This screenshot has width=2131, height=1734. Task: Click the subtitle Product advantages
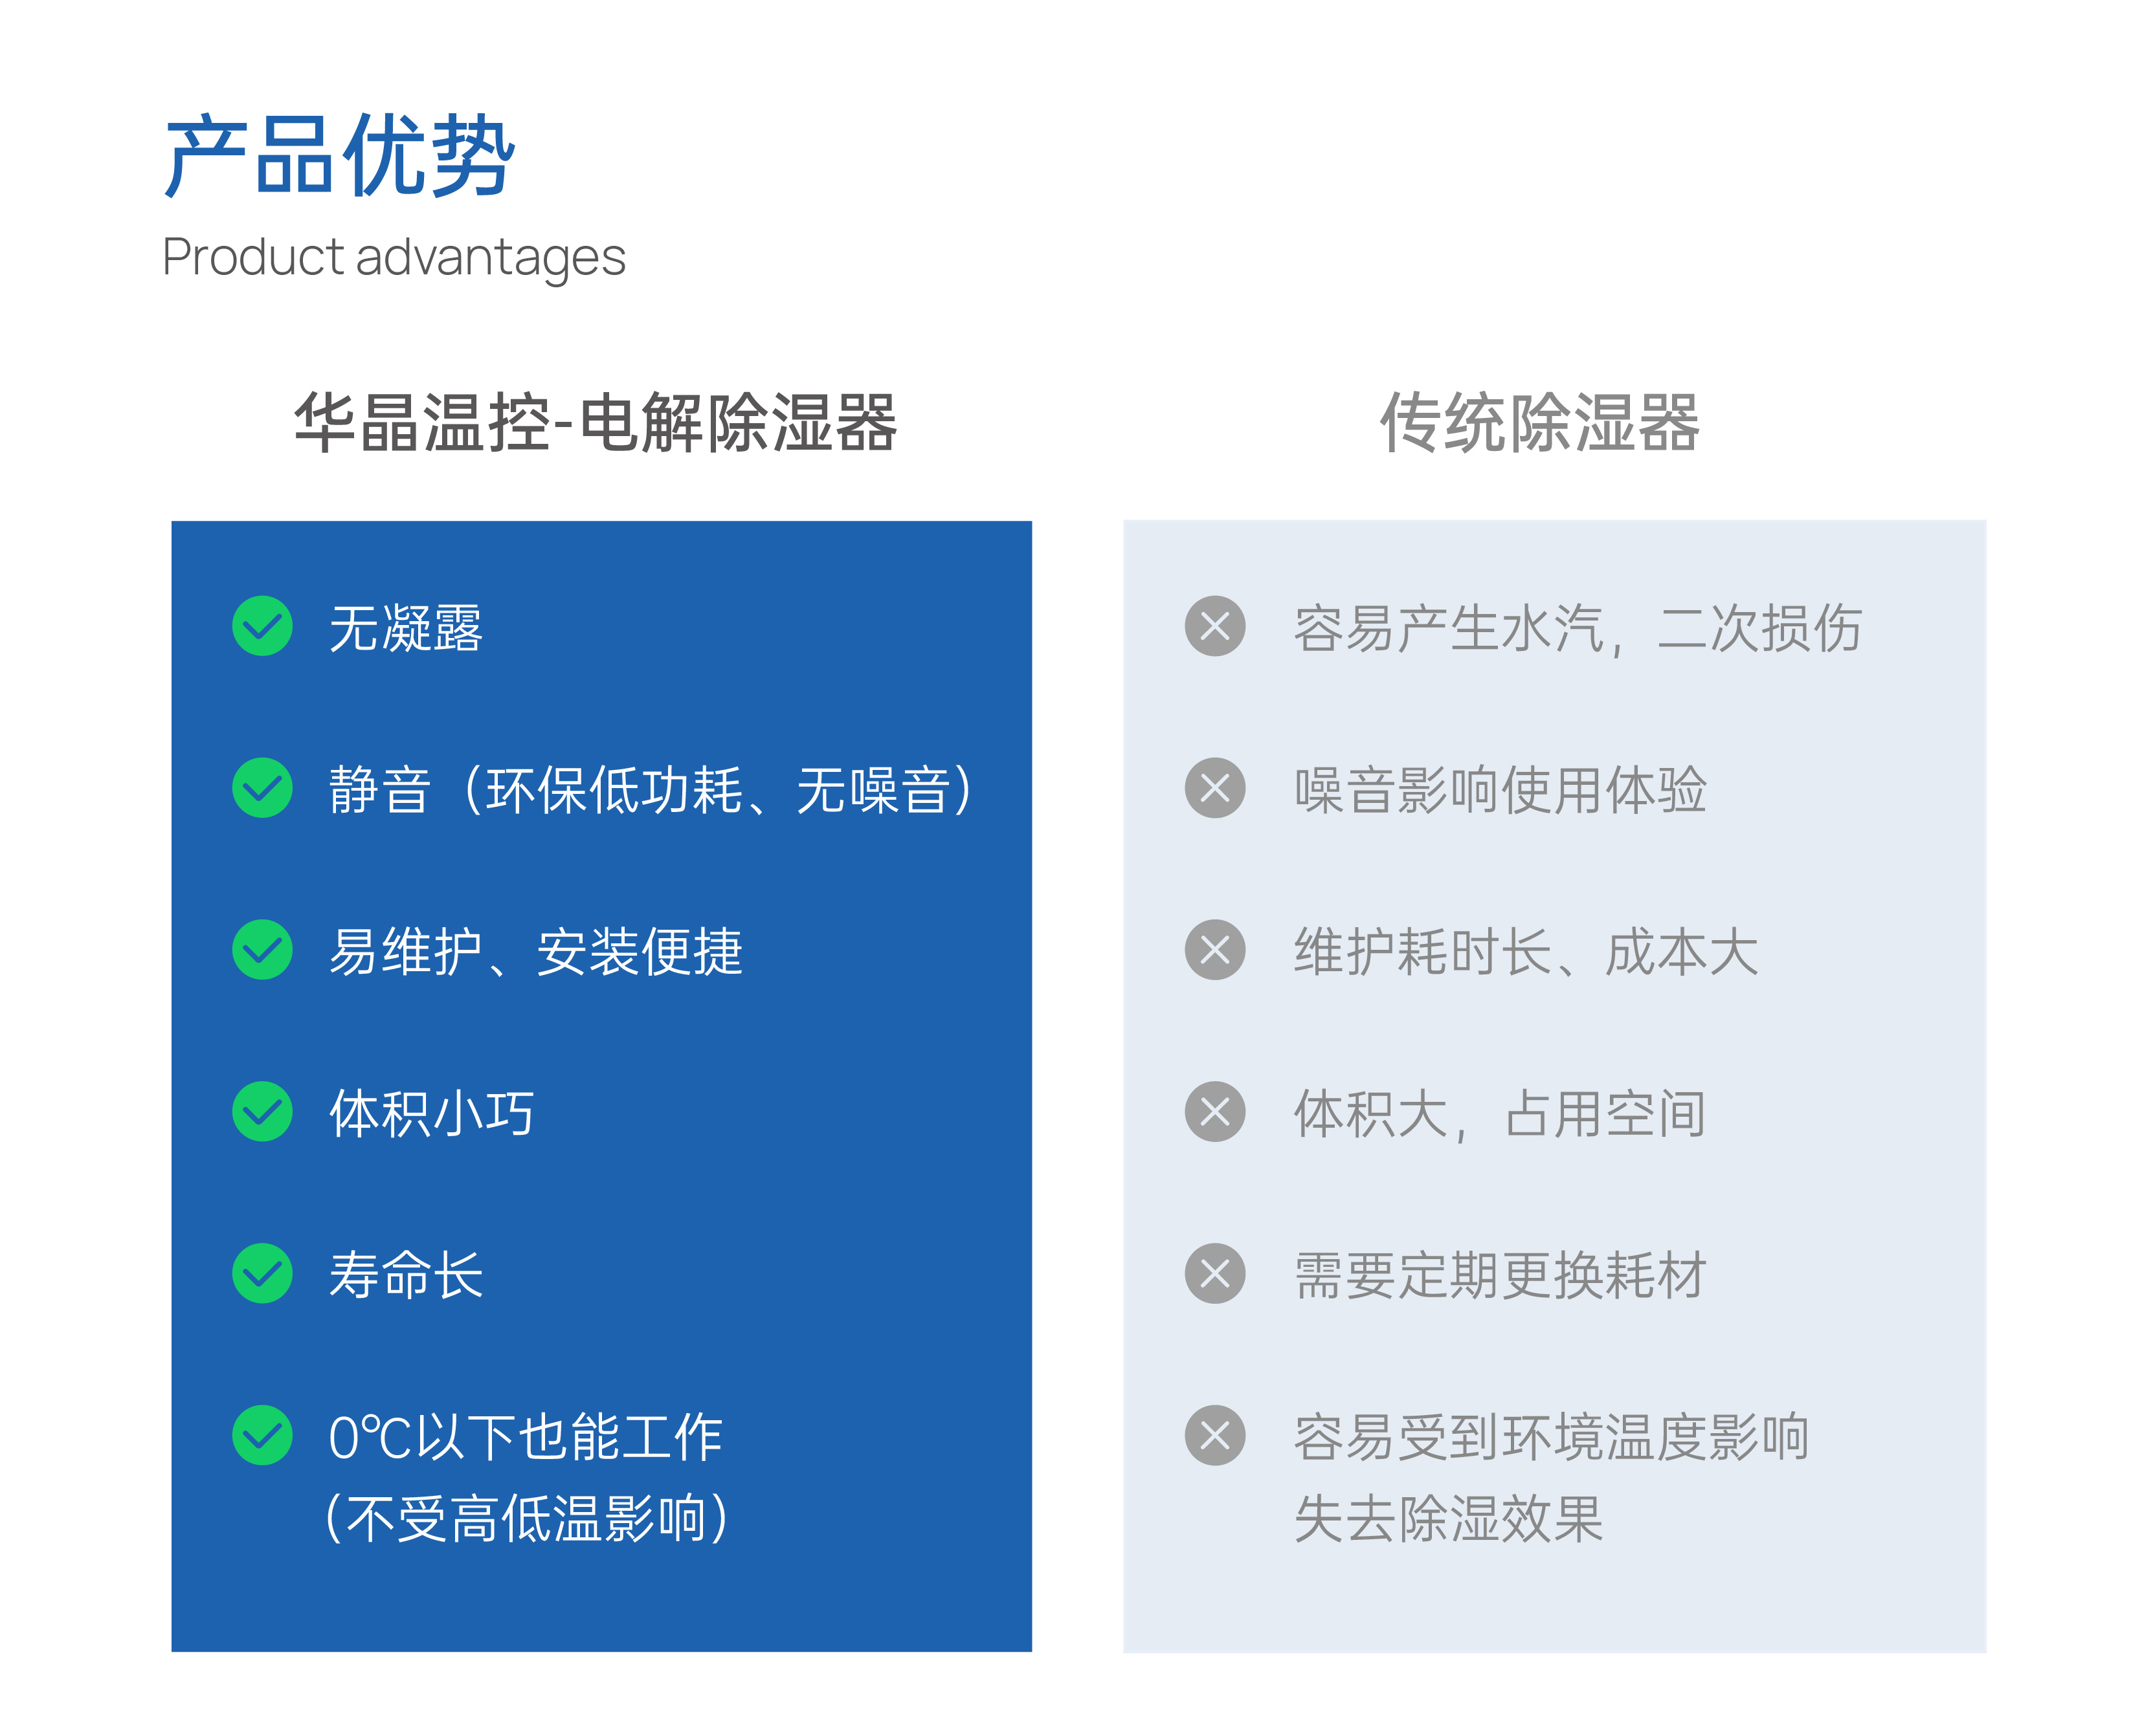coord(394,258)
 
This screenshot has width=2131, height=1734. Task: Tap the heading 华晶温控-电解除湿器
coord(596,423)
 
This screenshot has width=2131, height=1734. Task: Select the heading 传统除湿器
coord(1539,423)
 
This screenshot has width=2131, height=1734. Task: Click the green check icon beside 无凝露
coord(263,626)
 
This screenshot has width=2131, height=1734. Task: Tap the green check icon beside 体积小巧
coord(263,1112)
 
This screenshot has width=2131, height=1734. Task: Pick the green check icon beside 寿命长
coord(263,1273)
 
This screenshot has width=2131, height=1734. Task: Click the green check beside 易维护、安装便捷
coord(263,950)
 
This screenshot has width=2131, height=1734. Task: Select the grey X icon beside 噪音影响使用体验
coord(1215,788)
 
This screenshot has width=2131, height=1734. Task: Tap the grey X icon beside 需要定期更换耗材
coord(1215,1273)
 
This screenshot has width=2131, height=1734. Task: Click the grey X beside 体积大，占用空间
coord(1215,1112)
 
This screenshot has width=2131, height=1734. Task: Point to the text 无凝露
coord(406,628)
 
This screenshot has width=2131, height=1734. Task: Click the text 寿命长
coord(406,1275)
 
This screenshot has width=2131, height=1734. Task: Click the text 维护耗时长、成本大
coord(1526,952)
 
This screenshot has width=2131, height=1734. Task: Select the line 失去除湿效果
coord(1449,1519)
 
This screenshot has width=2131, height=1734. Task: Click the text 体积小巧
coord(432,1114)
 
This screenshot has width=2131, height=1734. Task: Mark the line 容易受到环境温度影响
coord(1552,1437)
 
